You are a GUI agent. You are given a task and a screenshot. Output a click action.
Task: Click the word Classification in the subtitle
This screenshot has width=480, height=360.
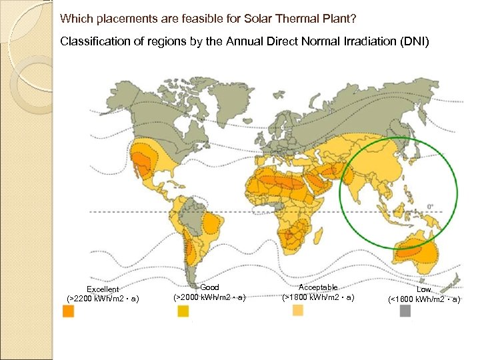tap(90, 41)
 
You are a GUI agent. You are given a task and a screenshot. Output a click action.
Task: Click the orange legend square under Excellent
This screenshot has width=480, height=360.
tap(68, 311)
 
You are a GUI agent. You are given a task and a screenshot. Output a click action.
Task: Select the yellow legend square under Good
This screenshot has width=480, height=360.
tap(183, 311)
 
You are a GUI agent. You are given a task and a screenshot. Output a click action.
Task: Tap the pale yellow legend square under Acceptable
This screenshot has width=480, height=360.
tap(297, 311)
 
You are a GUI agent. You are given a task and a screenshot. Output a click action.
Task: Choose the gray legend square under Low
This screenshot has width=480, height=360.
tap(405, 311)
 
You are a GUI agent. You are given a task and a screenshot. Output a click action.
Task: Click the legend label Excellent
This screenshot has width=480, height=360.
tap(103, 289)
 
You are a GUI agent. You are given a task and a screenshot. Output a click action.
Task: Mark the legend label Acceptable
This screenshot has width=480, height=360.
tap(318, 287)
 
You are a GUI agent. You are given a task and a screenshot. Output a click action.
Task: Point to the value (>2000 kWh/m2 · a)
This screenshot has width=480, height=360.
tap(209, 297)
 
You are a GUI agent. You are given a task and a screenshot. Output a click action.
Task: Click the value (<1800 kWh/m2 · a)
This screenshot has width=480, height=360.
tap(424, 299)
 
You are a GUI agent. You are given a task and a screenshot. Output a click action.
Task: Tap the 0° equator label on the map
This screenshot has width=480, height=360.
tap(430, 206)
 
